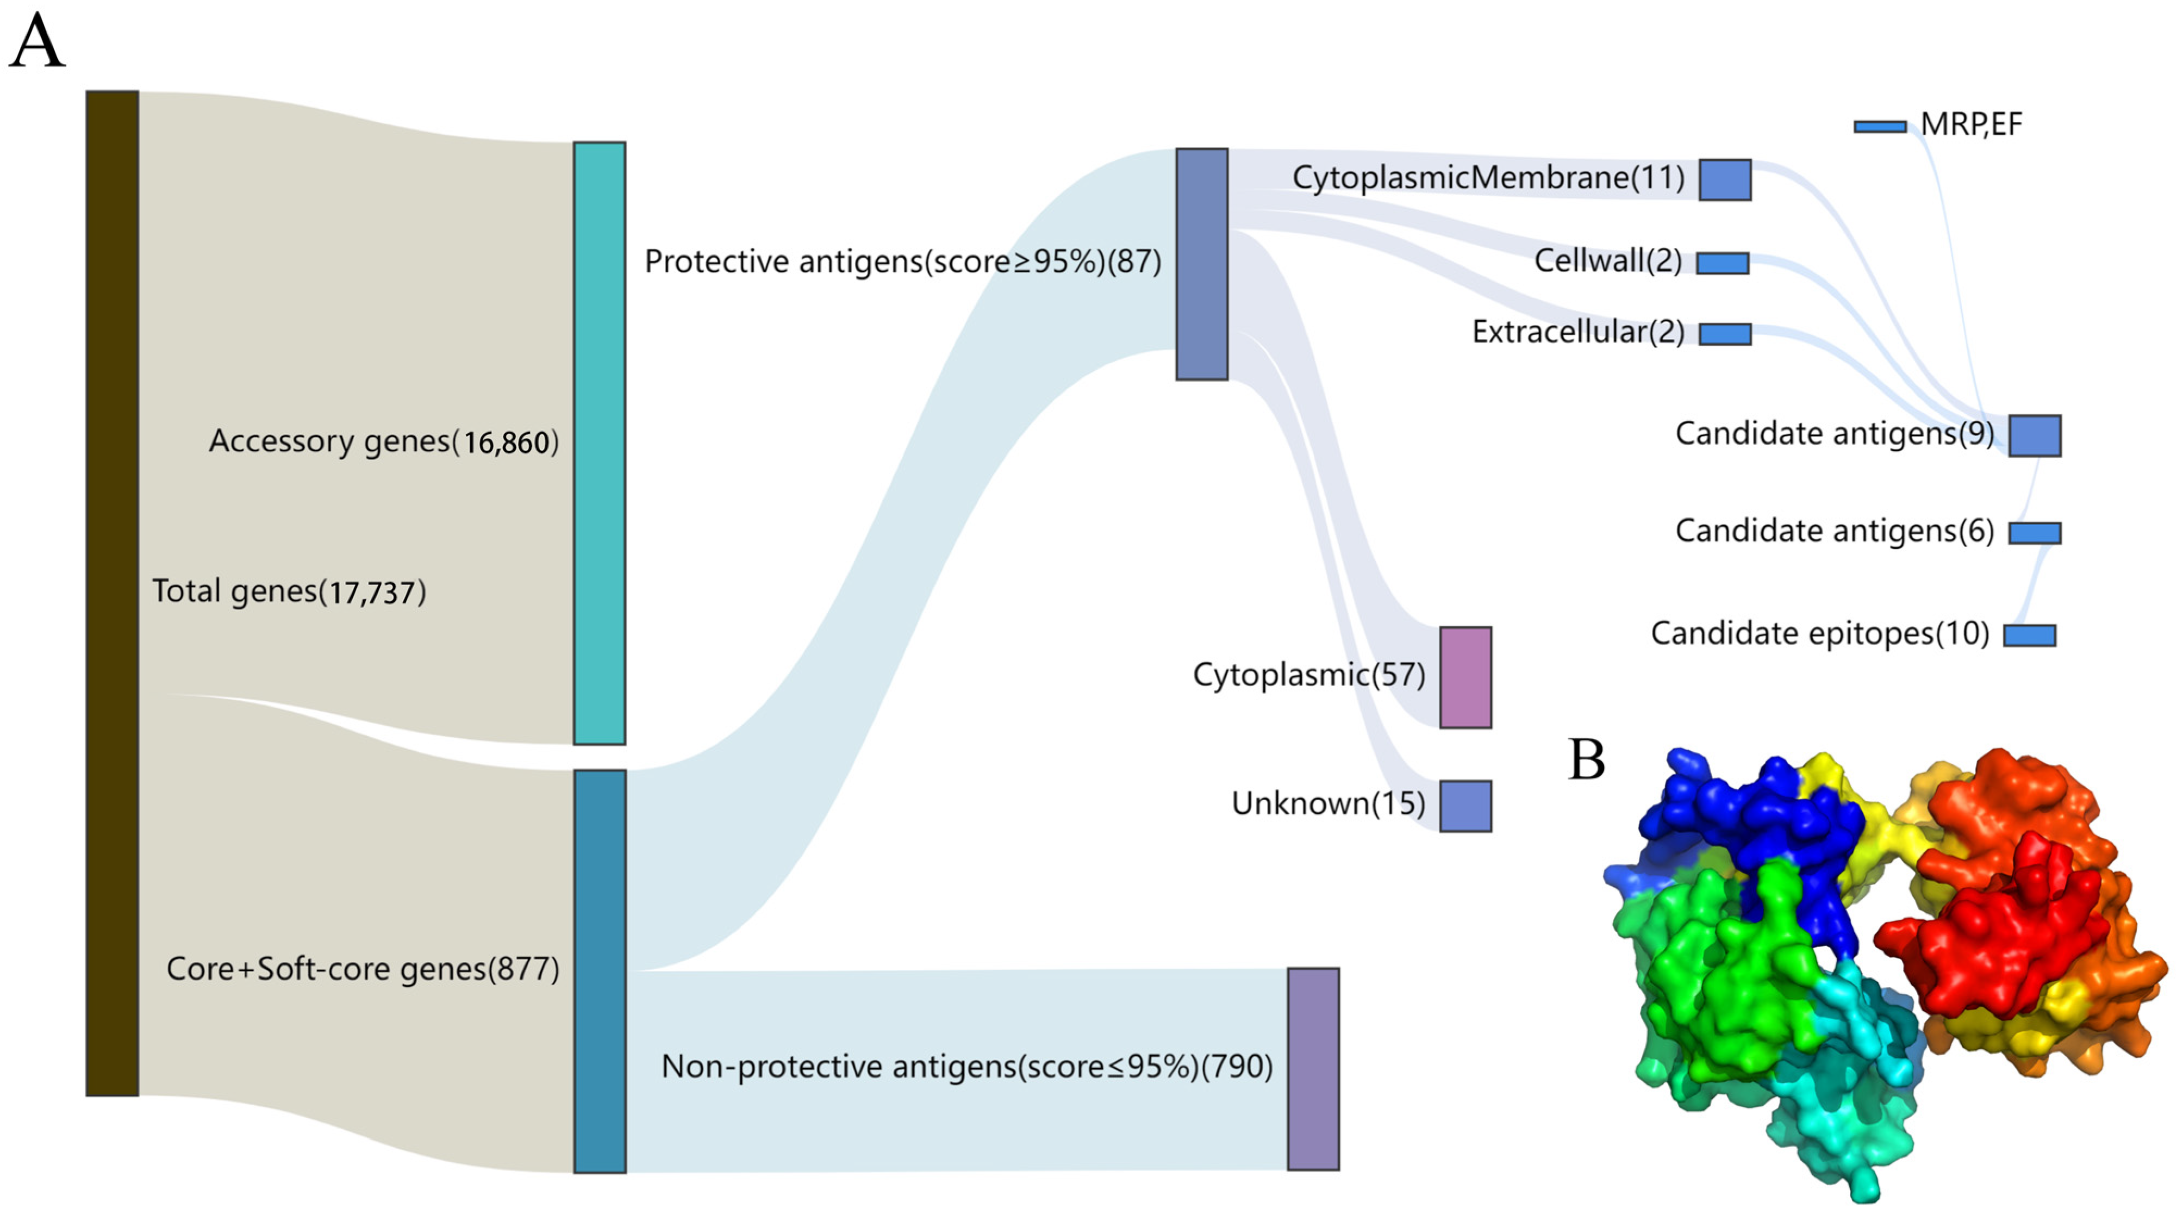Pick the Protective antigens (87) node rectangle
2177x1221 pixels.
1201,264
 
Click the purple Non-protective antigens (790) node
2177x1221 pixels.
1313,1068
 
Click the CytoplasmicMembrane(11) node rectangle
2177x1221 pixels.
1724,179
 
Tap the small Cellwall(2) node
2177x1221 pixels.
1723,263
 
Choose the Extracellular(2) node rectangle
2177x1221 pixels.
1724,334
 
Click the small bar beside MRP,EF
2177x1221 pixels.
1880,127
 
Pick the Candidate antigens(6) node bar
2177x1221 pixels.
2034,532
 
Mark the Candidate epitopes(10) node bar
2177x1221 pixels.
2029,636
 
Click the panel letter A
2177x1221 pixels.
36,42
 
